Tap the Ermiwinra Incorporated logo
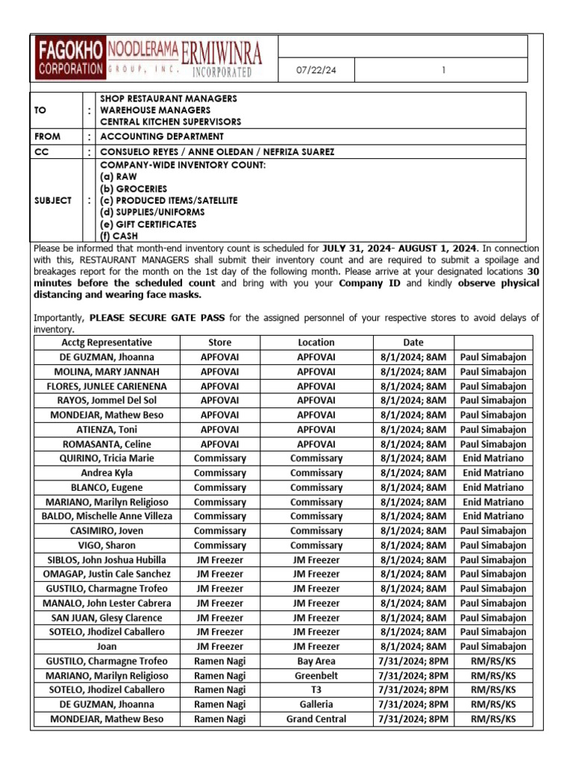click(222, 59)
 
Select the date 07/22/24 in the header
click(316, 70)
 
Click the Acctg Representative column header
click(107, 342)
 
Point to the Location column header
click(316, 342)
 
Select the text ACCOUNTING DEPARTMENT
click(161, 137)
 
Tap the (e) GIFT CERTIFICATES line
click(148, 224)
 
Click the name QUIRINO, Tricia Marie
click(107, 458)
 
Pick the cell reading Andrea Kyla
click(107, 473)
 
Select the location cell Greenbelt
click(316, 675)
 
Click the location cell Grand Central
click(316, 719)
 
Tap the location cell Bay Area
click(316, 661)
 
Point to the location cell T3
click(316, 690)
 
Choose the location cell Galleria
click(316, 704)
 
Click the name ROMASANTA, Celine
click(107, 444)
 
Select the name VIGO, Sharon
click(107, 545)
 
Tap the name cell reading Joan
click(107, 647)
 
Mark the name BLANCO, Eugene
click(107, 487)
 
